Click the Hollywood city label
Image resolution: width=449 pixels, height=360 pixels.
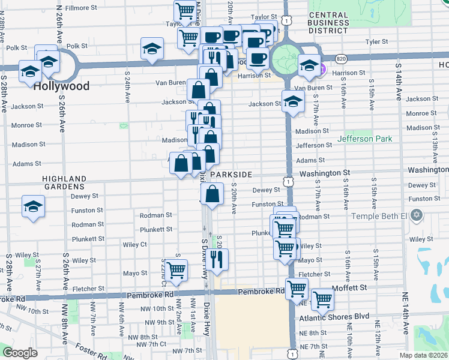point(61,86)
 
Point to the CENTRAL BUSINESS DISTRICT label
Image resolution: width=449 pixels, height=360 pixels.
point(328,22)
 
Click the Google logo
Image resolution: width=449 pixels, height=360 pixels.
point(20,353)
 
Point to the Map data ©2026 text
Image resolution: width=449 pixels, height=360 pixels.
point(424,355)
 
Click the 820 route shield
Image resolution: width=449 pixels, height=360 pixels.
point(341,59)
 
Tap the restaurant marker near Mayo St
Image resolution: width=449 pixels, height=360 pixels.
point(217,259)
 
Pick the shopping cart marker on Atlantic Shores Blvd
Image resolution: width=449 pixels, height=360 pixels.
point(322,299)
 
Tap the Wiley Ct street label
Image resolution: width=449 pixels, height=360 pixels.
point(134,245)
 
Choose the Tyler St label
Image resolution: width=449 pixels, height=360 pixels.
point(377,42)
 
